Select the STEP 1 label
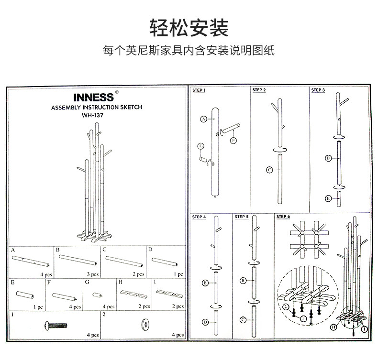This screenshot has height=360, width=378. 199,90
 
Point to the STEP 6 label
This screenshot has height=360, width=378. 283,217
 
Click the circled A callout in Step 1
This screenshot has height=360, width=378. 203,119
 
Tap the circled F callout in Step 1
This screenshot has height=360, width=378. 233,140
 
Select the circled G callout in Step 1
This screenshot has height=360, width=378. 201,145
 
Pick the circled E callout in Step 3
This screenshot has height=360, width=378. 328,198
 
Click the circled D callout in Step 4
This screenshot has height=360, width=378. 205,322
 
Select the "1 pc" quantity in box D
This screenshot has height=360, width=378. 178,274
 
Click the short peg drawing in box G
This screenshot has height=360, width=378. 98,295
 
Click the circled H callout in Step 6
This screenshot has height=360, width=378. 333,327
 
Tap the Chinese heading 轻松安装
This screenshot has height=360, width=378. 189,29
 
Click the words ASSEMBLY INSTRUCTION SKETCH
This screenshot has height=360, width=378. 97,108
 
